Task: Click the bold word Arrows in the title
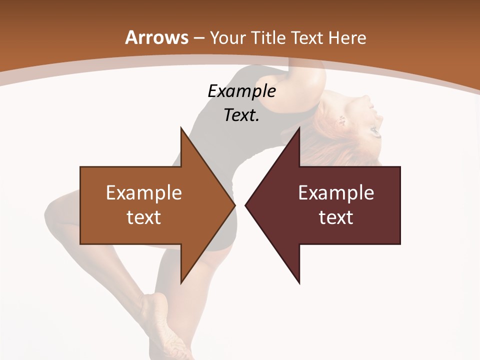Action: [156, 37]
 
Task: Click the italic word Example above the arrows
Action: [241, 91]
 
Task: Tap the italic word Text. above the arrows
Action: [241, 115]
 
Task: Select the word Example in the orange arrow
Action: [144, 193]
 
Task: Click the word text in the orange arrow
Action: [144, 217]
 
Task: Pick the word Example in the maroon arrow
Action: [336, 193]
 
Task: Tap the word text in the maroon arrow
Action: [336, 217]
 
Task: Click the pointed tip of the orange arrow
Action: [234, 205]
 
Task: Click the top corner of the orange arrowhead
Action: [181, 128]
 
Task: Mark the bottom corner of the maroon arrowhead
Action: [299, 283]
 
